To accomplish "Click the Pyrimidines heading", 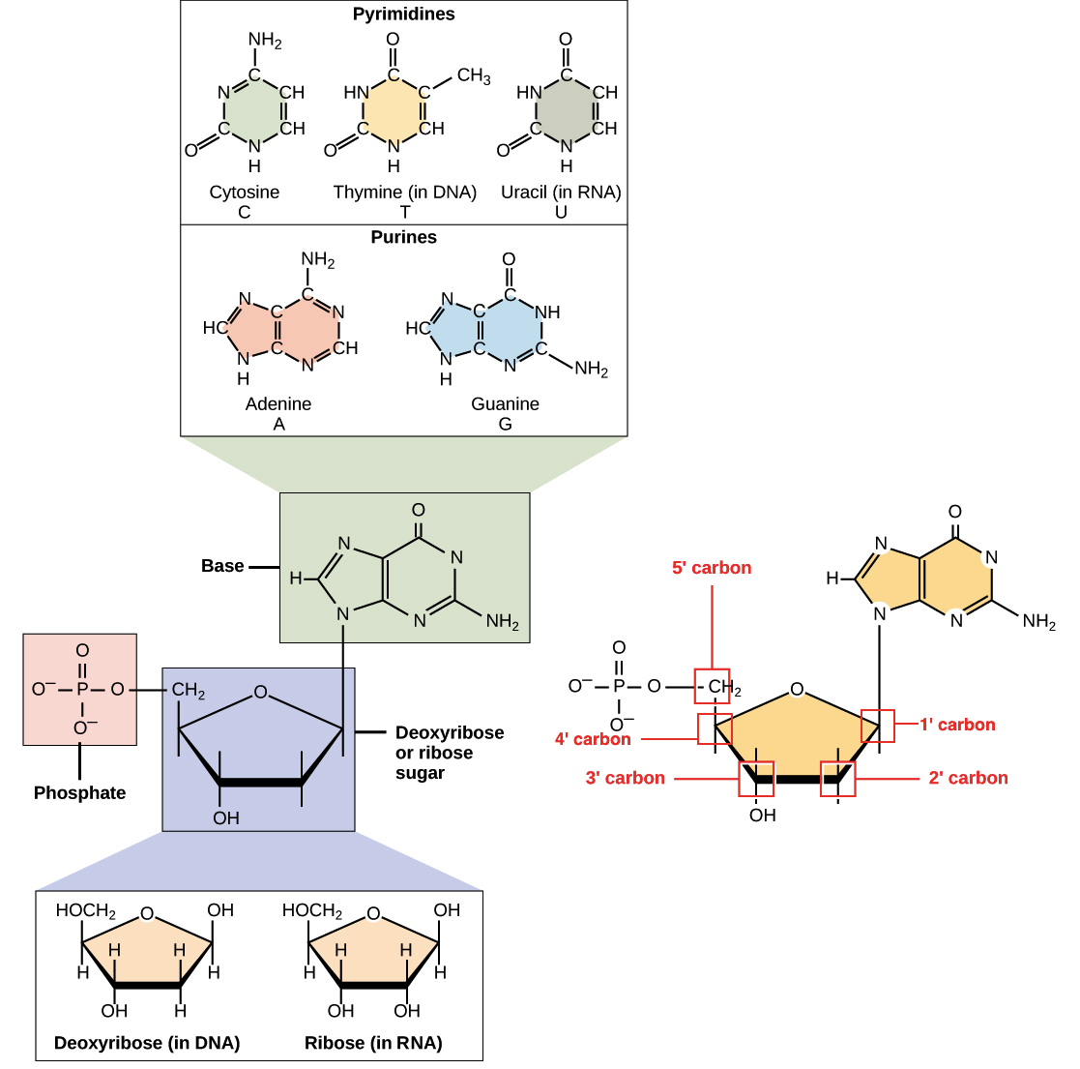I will (403, 15).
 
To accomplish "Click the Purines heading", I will (403, 237).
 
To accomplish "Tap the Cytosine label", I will (245, 192).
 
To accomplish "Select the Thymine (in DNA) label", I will (405, 192).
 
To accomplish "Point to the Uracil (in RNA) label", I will (561, 192).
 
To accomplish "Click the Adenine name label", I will (278, 403).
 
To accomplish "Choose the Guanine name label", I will (505, 403).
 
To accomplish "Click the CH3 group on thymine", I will (474, 76).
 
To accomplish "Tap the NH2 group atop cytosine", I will (265, 41).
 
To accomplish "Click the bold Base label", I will (222, 566).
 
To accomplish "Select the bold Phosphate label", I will (79, 792).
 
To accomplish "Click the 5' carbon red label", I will (712, 568).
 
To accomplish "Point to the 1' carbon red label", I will (956, 725).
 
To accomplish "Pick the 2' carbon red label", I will (968, 778).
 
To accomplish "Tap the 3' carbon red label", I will (626, 778).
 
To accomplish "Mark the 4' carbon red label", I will (593, 739).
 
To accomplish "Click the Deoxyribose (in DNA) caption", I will (147, 1042).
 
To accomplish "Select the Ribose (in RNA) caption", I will (373, 1042).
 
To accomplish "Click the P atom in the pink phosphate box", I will (82, 690).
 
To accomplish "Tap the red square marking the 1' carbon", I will (878, 726).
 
